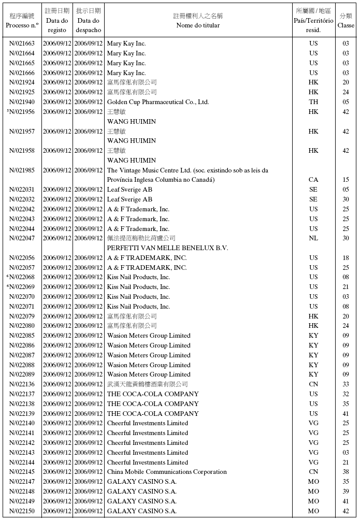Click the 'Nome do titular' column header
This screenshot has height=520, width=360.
tap(198, 25)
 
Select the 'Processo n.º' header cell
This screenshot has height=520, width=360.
tap(22, 25)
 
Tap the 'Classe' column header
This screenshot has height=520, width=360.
tap(345, 25)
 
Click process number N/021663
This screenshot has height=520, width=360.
tap(22, 44)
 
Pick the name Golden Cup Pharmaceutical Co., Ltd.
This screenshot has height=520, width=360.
tap(158, 102)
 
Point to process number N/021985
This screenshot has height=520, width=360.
tap(22, 170)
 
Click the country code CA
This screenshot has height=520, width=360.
tap(313, 180)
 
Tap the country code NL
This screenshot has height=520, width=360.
tap(313, 238)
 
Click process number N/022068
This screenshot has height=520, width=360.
tap(22, 277)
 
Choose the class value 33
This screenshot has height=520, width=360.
tap(345, 384)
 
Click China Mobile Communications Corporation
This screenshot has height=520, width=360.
tap(167, 472)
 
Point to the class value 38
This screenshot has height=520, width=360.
tap(345, 472)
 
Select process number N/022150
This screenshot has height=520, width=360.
tap(22, 511)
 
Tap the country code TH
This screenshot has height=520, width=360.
tap(313, 102)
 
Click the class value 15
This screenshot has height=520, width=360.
tap(345, 180)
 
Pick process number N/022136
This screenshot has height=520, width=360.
tap(22, 384)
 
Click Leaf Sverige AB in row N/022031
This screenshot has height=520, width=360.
tap(129, 190)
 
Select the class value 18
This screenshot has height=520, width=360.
tap(345, 258)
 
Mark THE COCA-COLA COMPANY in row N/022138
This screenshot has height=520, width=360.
tap(153, 404)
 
